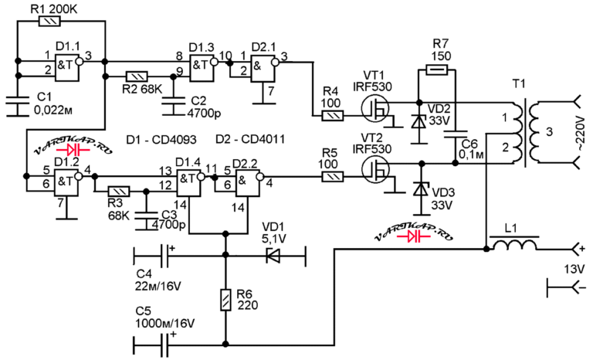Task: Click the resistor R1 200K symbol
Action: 49,22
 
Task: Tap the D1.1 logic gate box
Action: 67,67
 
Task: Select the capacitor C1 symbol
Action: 17,106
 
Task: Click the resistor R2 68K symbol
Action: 137,76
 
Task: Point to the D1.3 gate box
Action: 202,67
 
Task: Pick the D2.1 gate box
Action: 263,68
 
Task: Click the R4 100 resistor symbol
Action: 333,115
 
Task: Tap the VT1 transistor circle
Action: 375,108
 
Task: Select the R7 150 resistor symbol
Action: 437,70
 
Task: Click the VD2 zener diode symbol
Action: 419,122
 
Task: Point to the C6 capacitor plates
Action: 456,135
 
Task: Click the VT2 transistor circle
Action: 375,170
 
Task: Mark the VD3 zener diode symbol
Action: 419,188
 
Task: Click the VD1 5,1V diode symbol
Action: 273,256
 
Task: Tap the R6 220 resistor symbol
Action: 225,300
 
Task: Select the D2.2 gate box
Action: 248,183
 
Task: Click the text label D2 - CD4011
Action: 250,139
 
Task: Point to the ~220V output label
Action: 581,134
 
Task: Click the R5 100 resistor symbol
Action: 333,177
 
